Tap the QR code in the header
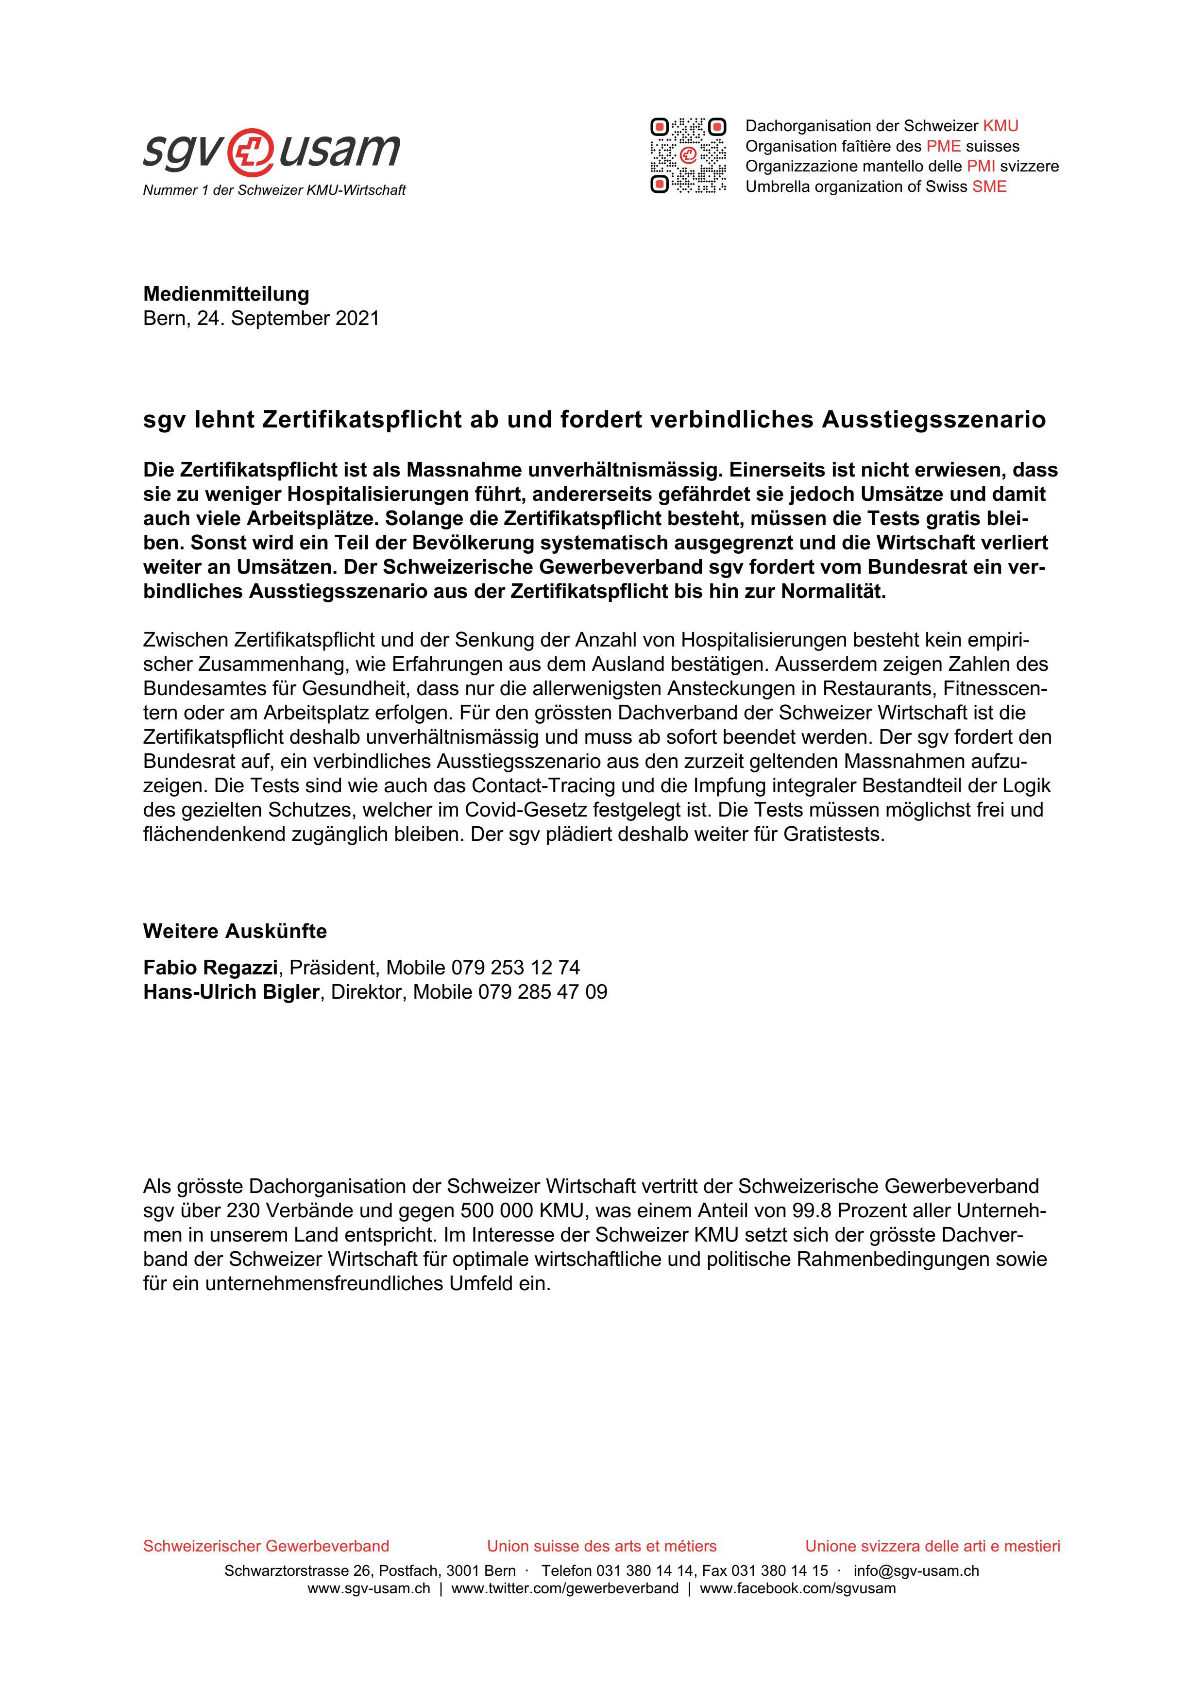coord(688,155)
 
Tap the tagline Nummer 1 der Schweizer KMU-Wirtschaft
coord(274,191)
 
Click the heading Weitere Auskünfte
coord(235,931)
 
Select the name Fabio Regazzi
coord(210,967)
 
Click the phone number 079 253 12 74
coord(515,967)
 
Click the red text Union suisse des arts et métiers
coord(602,1546)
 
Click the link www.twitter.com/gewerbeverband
coord(564,1588)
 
